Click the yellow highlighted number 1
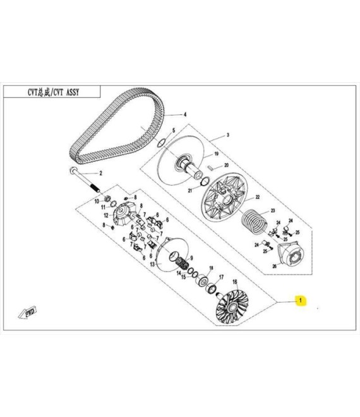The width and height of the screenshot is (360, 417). point(301,301)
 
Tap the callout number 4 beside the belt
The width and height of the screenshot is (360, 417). point(185,115)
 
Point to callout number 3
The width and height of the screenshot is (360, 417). point(228,135)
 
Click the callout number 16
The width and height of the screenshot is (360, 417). point(235,282)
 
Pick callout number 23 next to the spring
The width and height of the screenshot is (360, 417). point(273,210)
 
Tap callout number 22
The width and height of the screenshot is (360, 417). point(257,179)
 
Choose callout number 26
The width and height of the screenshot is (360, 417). point(274,266)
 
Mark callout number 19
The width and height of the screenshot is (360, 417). point(215,154)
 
